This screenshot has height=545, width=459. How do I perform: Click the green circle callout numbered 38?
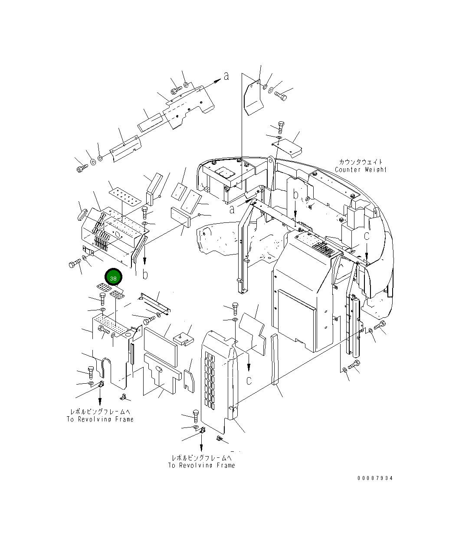[113, 278]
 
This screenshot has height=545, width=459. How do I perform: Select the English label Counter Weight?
[360, 170]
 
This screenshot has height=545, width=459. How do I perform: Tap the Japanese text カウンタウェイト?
[359, 162]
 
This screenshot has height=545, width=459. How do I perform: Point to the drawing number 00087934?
[375, 478]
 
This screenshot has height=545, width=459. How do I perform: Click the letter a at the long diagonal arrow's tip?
[226, 76]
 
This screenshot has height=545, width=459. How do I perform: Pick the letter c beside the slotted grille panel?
[249, 380]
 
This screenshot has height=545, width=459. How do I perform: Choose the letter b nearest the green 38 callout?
[145, 274]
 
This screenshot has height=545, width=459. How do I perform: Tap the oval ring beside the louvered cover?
[82, 215]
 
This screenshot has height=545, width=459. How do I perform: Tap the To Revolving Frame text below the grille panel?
[201, 465]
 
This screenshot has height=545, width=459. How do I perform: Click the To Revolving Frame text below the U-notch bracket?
[100, 419]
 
